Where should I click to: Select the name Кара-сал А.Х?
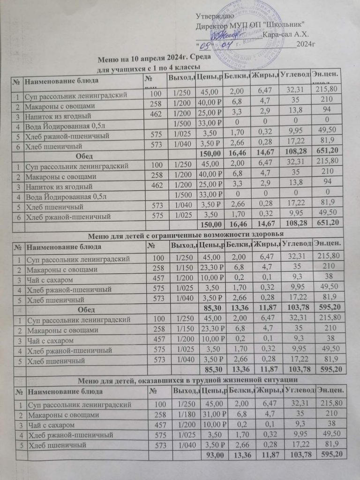(x=284, y=34)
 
